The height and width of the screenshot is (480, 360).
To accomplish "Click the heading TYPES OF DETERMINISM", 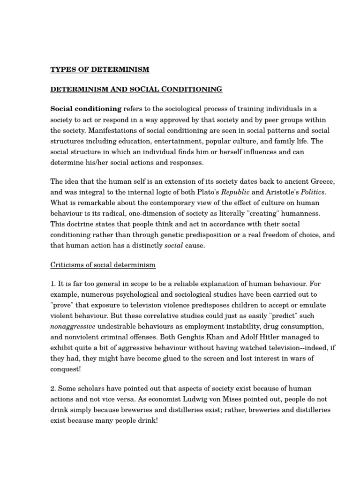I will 100,70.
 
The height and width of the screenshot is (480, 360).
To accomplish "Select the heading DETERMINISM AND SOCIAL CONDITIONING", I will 129,89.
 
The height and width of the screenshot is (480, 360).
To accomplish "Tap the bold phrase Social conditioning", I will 86,109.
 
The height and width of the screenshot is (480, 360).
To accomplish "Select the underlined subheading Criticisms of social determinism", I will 103,265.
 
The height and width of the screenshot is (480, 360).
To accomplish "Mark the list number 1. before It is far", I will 53,284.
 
